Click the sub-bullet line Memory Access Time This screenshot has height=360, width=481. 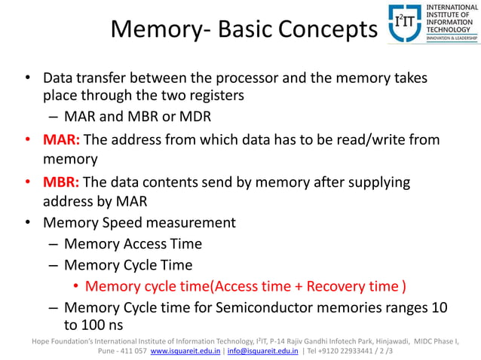click(x=133, y=244)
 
